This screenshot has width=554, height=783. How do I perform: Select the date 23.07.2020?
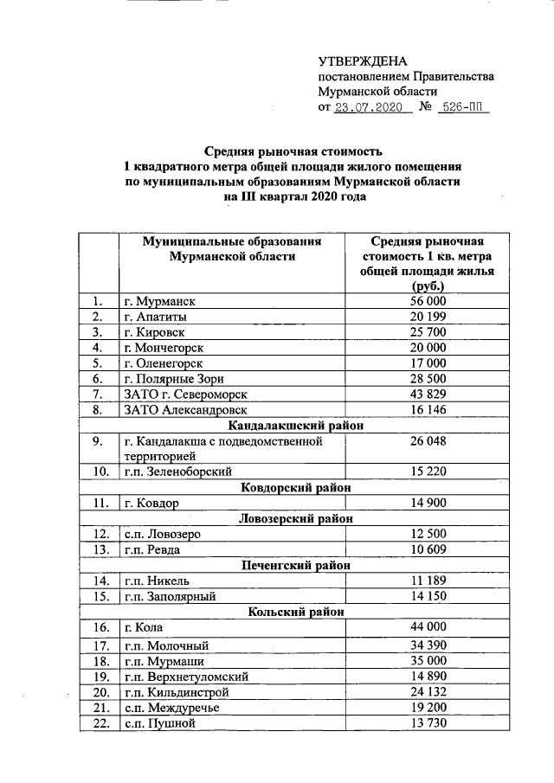370,108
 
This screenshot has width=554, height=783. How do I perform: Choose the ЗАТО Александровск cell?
186,410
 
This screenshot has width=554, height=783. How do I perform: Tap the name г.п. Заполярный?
169,596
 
